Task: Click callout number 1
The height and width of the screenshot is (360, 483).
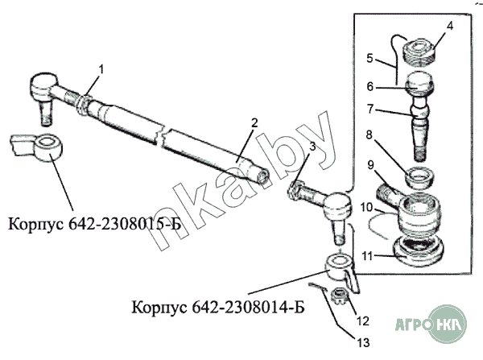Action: pyautogui.click(x=101, y=70)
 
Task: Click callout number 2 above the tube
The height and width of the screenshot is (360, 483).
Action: pyautogui.click(x=254, y=123)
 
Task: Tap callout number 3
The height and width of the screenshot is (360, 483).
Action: pyautogui.click(x=312, y=147)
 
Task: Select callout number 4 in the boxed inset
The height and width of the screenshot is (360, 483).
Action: pyautogui.click(x=450, y=27)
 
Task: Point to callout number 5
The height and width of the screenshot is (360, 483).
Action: pyautogui.click(x=370, y=58)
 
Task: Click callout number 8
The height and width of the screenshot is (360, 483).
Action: pyautogui.click(x=369, y=134)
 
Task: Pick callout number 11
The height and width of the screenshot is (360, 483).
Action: pyautogui.click(x=368, y=256)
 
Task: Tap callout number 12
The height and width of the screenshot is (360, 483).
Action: pyautogui.click(x=363, y=321)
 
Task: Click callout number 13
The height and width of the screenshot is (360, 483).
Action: pyautogui.click(x=363, y=343)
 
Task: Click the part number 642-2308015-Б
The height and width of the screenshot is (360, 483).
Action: pyautogui.click(x=125, y=224)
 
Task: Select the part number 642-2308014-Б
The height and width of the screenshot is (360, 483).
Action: pyautogui.click(x=248, y=307)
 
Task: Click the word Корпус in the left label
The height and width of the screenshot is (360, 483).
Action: pyautogui.click(x=35, y=224)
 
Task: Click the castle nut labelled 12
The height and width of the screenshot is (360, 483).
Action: pyautogui.click(x=341, y=296)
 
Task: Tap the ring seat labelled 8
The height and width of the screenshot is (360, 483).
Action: pyautogui.click(x=420, y=177)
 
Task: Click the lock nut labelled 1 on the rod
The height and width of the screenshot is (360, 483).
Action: pyautogui.click(x=83, y=105)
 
